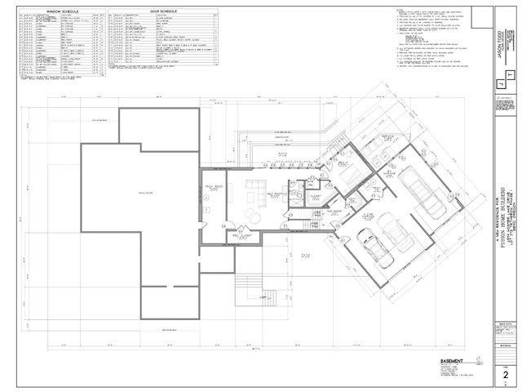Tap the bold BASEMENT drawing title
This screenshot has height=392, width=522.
(430, 361)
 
